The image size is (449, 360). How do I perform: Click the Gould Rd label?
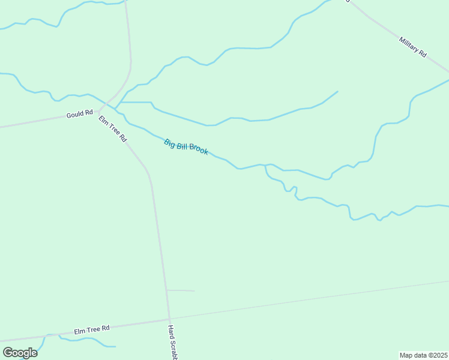coord(80,112)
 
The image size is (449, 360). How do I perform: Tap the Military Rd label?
coord(412,46)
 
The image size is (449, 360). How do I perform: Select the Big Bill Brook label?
coord(186,147)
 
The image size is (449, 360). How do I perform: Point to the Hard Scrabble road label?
coord(172,342)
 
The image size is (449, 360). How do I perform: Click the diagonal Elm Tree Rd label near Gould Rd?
coord(113,128)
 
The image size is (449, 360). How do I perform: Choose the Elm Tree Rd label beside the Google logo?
coord(92,329)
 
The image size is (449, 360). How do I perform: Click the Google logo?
coord(20,353)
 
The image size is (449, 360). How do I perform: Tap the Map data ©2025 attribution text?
coord(423,355)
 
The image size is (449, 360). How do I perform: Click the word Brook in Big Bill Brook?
coord(197,150)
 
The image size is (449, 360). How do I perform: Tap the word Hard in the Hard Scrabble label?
coord(170,331)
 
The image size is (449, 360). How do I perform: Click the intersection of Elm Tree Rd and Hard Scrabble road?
coord(169,319)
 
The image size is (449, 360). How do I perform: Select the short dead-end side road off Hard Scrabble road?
coord(181,291)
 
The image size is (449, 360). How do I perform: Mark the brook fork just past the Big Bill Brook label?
coord(265,165)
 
